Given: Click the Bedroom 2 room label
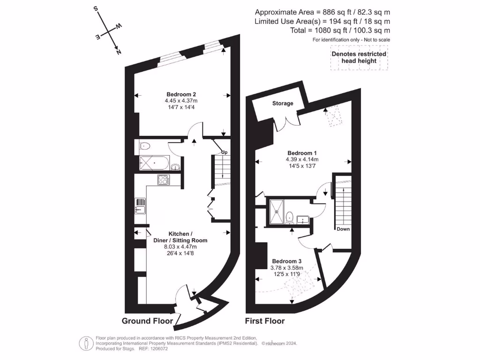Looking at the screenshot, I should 180,94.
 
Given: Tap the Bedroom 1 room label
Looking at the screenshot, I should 302,153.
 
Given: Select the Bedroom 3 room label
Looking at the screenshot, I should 286,261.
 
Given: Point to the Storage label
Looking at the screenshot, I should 283,103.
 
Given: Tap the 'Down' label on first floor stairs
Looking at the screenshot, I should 343,229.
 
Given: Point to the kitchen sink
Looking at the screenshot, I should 141,205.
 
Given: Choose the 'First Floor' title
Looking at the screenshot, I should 265,321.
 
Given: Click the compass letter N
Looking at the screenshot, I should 119,52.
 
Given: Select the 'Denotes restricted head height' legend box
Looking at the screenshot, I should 359,58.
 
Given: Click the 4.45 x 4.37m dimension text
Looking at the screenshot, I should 181,100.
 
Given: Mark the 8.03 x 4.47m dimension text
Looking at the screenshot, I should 180,247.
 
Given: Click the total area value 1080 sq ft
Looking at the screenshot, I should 323,30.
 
